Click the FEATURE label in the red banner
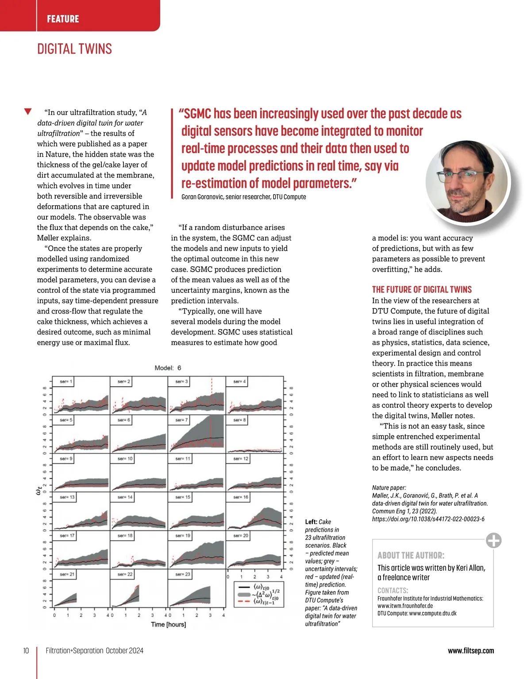point(63,19)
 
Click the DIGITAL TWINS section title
point(74,49)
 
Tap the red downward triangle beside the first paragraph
point(28,111)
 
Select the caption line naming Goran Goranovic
point(243,197)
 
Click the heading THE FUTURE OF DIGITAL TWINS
point(422,290)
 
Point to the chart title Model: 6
point(168,368)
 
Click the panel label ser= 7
point(181,420)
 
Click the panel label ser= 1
point(66,381)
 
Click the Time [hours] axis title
point(168,625)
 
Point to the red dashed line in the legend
point(245,602)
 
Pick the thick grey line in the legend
point(245,595)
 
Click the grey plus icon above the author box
point(493,540)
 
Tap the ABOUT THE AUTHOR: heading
point(411,556)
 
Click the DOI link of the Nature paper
point(428,519)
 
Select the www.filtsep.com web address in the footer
point(471,651)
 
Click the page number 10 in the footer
point(26,651)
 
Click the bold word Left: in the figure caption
point(311,522)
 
